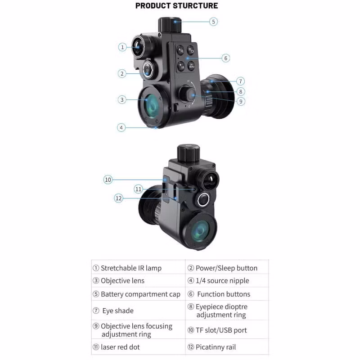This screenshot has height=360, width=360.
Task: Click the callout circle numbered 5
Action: coord(213,21)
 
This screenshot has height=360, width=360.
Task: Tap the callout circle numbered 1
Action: coord(122,47)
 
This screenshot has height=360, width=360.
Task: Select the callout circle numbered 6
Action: coord(226,58)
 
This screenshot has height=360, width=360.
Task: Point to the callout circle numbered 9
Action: coord(241,101)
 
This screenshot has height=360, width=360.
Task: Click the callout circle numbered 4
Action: coord(121,127)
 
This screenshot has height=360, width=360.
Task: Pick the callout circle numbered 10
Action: coord(108,180)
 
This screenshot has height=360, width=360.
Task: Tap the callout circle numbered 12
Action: coord(118,198)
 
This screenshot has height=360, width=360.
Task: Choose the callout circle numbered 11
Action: coord(139,189)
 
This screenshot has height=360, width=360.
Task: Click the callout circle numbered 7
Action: coord(241,81)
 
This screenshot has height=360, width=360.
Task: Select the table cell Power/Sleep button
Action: coord(227,268)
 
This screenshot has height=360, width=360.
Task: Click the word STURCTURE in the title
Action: coord(195,6)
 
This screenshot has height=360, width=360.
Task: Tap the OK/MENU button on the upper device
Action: coord(191,66)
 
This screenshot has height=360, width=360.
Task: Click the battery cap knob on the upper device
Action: coord(170,24)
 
